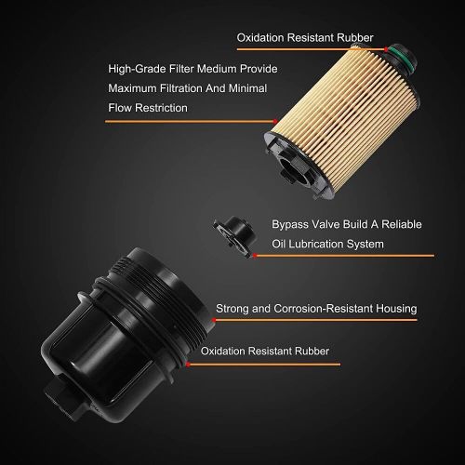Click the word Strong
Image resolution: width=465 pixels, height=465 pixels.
(234, 308)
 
